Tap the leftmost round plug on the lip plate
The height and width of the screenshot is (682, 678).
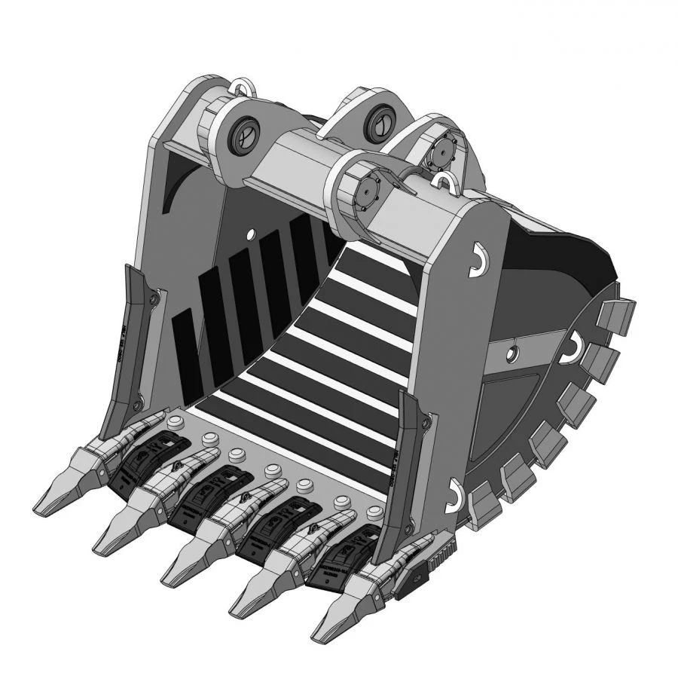176,421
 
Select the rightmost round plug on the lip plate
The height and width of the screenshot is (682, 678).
371,513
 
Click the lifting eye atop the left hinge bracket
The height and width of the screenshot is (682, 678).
241,85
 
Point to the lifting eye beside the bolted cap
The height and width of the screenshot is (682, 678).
445,180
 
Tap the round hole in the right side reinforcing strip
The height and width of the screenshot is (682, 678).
512,352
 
